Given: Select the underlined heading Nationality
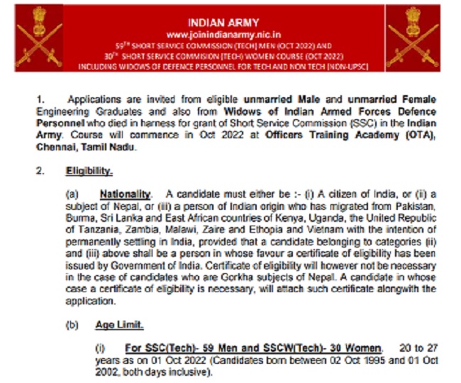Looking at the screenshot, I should pyautogui.click(x=126, y=194).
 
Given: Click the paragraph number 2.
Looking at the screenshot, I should pyautogui.click(x=40, y=171).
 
